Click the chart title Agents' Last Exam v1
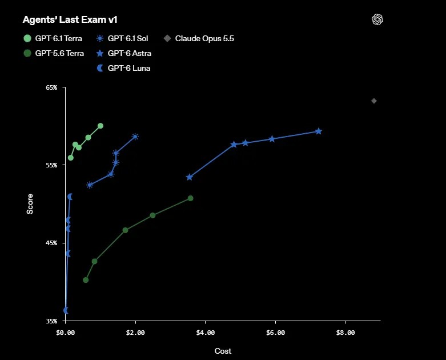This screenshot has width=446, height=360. point(70,19)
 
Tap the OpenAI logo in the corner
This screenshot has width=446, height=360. point(377,19)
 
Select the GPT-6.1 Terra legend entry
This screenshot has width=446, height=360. point(53,38)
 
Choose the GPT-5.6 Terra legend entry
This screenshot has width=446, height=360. point(54,53)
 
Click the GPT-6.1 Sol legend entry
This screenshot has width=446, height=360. point(122,38)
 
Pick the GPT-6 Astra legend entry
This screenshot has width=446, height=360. point(124,53)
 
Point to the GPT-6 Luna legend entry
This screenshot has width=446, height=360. point(123,68)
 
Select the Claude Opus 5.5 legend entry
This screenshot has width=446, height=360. point(199,38)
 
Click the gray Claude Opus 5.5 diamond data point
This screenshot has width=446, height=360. point(374,101)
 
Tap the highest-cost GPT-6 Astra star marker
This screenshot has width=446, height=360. point(319,131)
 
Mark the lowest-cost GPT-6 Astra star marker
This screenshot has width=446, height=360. point(190,177)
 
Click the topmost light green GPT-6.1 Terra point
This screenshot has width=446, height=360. point(101,126)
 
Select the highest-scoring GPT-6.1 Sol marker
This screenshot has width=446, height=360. point(135,137)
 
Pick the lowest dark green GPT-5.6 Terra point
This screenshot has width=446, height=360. point(86,280)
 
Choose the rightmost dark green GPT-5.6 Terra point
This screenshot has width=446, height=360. point(191,198)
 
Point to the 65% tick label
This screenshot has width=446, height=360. point(51,87)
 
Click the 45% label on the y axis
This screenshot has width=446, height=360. point(51,243)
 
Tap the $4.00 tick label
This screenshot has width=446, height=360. point(206,333)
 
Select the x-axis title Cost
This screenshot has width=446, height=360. point(223,351)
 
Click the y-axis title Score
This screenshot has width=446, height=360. point(30,204)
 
